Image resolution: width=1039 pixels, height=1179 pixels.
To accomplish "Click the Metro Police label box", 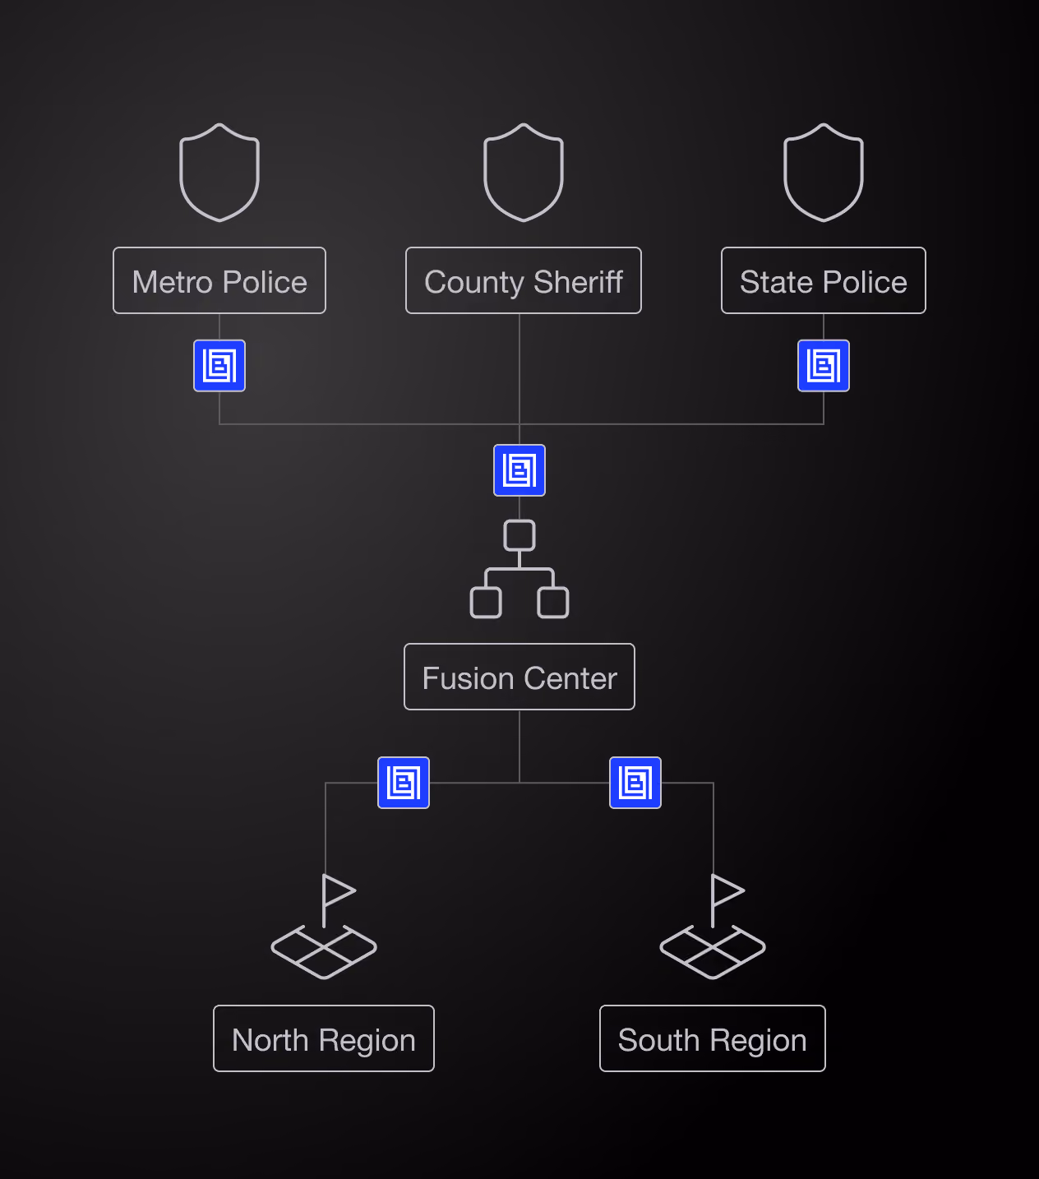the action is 219,280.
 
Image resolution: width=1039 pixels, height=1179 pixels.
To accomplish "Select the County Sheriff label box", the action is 524,280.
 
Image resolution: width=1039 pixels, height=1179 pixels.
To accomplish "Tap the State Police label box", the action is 823,280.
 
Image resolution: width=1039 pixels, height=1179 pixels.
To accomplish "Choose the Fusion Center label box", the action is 519,677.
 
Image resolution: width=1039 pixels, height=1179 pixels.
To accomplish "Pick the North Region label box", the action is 324,1038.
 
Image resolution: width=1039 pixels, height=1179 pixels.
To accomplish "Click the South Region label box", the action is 713,1038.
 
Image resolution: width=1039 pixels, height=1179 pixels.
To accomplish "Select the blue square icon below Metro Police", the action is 219,365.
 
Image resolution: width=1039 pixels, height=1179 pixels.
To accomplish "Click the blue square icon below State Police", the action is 823,365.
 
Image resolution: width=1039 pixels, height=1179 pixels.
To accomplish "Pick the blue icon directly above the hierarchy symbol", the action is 519,470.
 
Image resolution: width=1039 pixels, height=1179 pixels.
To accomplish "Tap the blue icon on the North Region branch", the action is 404,783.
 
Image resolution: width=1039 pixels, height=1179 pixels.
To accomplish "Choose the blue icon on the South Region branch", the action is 635,783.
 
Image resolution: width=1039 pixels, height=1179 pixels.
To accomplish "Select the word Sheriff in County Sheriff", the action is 578,282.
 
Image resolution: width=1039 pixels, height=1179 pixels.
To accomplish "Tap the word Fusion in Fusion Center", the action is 469,678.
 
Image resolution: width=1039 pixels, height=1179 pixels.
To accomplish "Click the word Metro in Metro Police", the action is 172,282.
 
